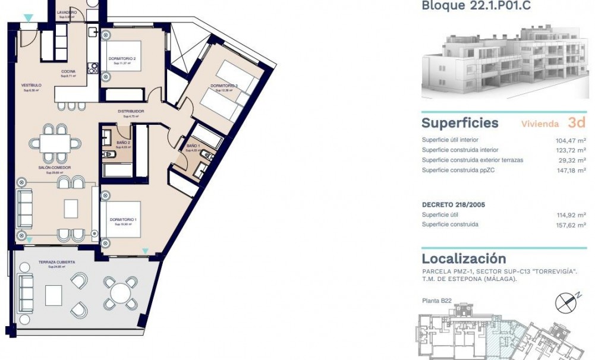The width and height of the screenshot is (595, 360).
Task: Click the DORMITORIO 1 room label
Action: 123,220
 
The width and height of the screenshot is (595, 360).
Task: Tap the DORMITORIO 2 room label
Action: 122,59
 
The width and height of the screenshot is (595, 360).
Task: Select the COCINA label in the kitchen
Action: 68,72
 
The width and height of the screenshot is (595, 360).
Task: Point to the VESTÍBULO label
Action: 31,86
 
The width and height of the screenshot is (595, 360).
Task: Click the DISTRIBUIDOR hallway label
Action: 130,111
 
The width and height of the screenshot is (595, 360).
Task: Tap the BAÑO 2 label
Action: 123,143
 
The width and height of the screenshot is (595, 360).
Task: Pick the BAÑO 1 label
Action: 193,146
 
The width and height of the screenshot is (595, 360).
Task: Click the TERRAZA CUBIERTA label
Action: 56,262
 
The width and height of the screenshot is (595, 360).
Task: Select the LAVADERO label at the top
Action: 67,12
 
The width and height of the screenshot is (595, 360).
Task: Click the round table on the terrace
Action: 121,293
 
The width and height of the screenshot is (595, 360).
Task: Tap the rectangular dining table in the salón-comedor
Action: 60,143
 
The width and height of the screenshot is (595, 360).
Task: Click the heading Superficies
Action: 459,123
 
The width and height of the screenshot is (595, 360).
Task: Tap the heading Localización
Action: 464,258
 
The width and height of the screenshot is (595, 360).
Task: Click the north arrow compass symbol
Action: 565,304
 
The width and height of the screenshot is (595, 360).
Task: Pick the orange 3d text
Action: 577,123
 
